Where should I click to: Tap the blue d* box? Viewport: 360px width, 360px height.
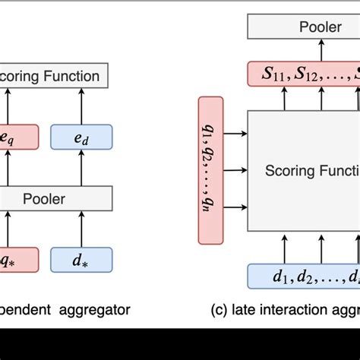point(81,261)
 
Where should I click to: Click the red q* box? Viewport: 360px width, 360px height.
point(17,261)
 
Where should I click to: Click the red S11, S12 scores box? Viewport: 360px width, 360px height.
point(305,75)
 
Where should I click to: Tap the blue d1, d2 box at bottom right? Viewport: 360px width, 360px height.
point(304,276)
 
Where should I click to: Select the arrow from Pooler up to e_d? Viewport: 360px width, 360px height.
point(81,168)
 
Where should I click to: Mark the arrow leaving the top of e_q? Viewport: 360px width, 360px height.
point(8,106)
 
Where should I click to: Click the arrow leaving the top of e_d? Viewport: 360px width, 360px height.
point(81,106)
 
